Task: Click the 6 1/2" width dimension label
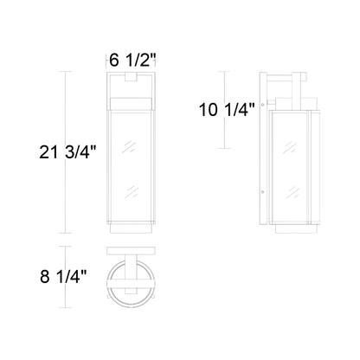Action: click(132, 61)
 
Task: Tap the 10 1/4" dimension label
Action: click(226, 110)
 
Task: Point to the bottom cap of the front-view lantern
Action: click(132, 228)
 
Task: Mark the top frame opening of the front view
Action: click(132, 91)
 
